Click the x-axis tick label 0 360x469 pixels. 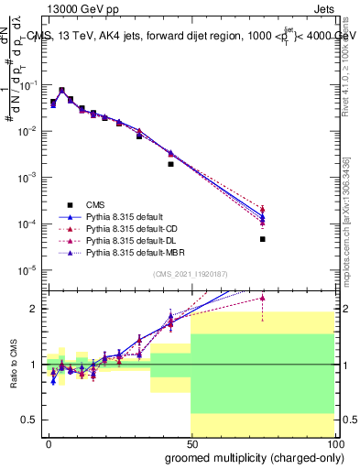point(49,442)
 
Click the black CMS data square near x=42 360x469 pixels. point(170,165)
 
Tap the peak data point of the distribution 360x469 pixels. point(61,91)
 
